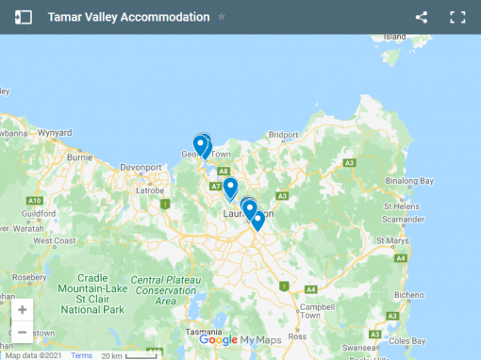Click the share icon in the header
point(422,17)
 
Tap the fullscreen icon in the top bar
point(457,17)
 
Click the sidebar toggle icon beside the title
point(24,17)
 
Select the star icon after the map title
point(222,17)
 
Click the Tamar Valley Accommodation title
point(129,17)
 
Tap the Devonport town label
point(141,168)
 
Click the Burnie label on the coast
point(79,157)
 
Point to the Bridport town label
point(283,135)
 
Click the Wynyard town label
point(55,132)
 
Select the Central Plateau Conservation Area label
point(165,290)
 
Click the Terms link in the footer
point(82,355)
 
